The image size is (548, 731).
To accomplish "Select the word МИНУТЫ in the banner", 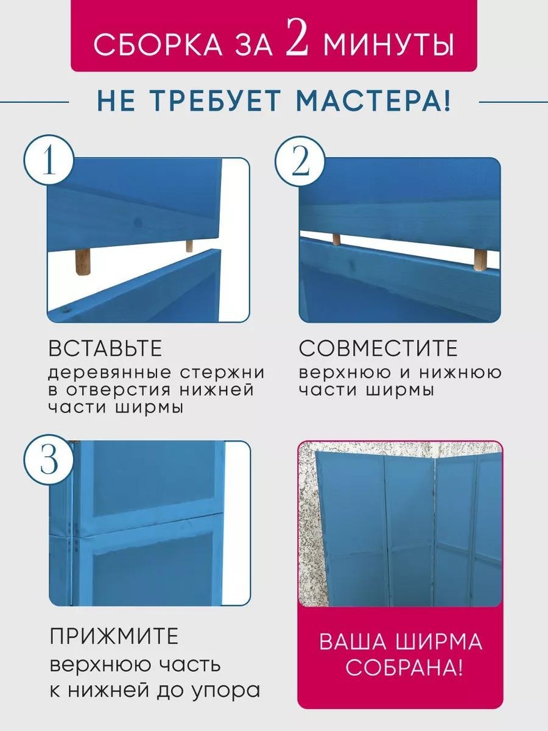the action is pos(388,44).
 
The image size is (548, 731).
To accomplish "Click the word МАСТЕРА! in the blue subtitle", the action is pos(373,101).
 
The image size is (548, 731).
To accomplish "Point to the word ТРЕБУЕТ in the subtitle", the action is pos(216,101).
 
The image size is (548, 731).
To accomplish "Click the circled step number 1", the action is pos(49,161).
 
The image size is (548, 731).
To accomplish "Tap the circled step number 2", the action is pos(300,161).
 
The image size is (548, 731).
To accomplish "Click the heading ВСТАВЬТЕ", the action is pos(105,348).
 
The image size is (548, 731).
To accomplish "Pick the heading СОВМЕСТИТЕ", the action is pos(378,348).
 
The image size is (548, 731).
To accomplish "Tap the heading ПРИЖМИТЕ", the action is pos(114,637).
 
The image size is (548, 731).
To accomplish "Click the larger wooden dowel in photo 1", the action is pos(83,262).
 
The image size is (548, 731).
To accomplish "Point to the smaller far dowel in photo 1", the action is pos(189,245).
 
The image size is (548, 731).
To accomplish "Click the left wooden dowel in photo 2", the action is pos(337,239).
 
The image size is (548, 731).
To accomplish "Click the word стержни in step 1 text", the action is pos(222,373).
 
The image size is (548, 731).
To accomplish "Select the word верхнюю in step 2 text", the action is pos(345,373).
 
